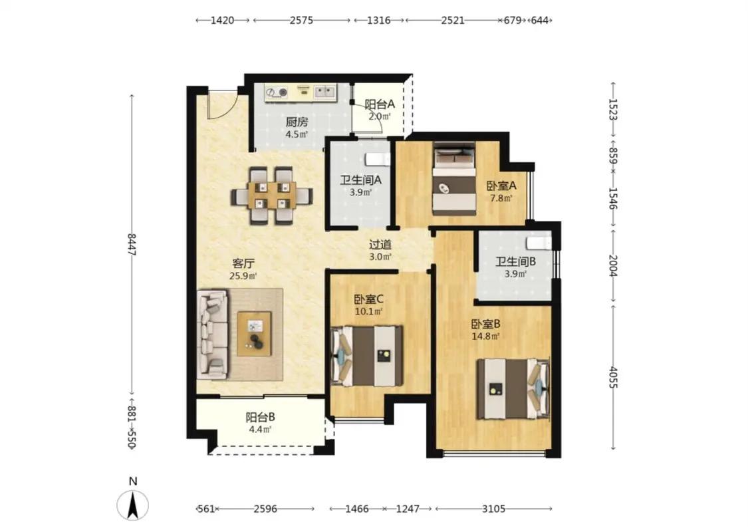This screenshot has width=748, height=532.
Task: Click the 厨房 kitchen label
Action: (297, 122)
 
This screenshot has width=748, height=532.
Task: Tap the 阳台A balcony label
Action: (380, 104)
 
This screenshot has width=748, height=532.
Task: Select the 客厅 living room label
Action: (243, 263)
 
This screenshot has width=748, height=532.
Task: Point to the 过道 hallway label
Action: (380, 245)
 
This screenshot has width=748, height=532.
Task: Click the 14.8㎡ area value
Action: (485, 336)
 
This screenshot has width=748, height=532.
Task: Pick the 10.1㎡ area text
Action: (369, 312)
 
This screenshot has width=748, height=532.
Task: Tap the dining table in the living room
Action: (272, 195)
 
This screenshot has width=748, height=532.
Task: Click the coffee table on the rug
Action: (254, 333)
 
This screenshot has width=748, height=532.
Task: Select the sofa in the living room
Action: (213, 334)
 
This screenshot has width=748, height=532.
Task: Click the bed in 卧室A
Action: (455, 179)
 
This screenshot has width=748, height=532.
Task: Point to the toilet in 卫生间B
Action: (539, 242)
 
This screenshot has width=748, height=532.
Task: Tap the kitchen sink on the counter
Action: (324, 91)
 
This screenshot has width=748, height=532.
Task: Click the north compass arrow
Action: (132, 505)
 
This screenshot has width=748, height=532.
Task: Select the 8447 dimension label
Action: (132, 244)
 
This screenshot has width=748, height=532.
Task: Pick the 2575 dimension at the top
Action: (301, 21)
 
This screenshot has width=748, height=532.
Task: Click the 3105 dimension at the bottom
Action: (493, 509)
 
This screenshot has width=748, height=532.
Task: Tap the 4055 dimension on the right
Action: (614, 378)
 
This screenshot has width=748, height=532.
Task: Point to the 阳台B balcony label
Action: (260, 418)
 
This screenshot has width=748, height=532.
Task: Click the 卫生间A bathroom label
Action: (360, 180)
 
